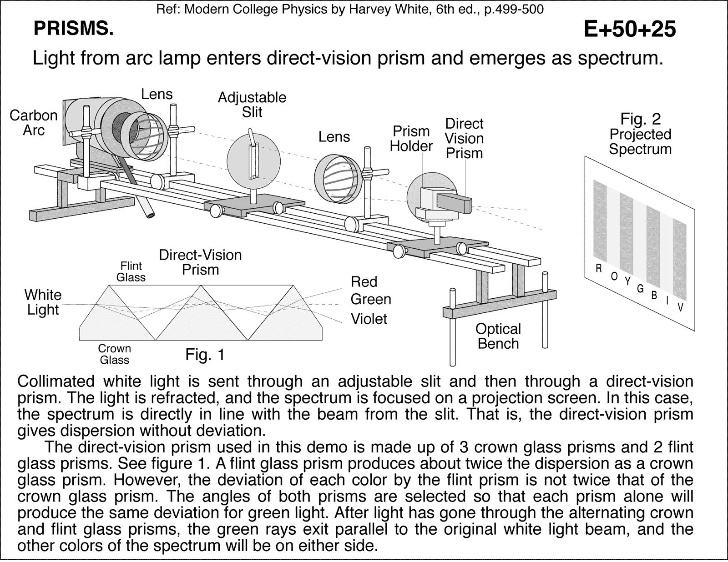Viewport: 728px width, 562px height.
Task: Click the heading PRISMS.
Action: (x=73, y=29)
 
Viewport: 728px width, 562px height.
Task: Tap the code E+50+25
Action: (x=630, y=30)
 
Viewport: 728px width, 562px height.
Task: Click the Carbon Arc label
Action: (x=34, y=123)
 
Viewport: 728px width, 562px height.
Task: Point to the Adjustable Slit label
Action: (x=252, y=105)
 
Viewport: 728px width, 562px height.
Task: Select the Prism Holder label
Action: (x=411, y=139)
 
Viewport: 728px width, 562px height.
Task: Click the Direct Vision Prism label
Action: (x=464, y=138)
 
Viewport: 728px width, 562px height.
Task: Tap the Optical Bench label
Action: (x=498, y=336)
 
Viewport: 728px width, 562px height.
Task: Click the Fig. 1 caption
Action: (x=205, y=355)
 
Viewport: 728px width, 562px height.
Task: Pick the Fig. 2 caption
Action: (x=640, y=119)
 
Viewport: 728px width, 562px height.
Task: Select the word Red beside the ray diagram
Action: (x=364, y=282)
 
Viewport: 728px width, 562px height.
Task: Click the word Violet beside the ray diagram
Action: (x=369, y=319)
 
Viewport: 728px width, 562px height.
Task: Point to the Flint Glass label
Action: (x=131, y=271)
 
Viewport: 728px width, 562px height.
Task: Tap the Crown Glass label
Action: (x=115, y=354)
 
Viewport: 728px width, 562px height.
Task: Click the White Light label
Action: (x=43, y=302)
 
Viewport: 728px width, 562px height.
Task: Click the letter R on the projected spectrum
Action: (x=599, y=269)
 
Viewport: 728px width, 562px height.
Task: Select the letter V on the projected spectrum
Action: (x=680, y=308)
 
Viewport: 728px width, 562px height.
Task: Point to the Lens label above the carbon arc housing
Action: (x=157, y=94)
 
